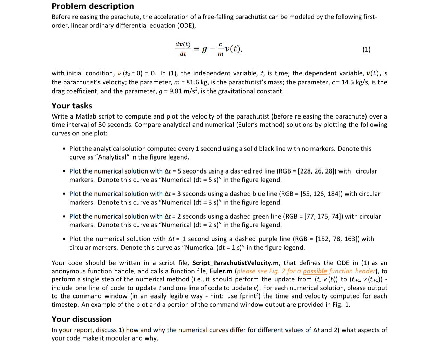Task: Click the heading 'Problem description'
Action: [93, 6]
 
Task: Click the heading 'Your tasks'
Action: [72, 106]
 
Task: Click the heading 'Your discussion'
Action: [82, 319]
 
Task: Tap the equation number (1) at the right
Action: [366, 49]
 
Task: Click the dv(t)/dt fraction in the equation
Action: [183, 49]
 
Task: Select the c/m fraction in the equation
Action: [220, 49]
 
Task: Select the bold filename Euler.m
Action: [221, 271]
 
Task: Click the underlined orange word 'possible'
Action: [315, 271]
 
